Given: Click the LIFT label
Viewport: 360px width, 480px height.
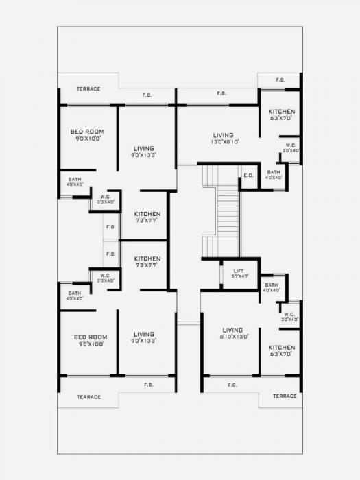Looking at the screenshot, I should pyautogui.click(x=239, y=271).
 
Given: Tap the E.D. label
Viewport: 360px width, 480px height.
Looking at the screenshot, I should pyautogui.click(x=248, y=176).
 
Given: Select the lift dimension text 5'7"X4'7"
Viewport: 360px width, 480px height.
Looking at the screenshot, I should pyautogui.click(x=239, y=276).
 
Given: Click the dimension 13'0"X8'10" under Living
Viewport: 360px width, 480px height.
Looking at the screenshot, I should pyautogui.click(x=224, y=142).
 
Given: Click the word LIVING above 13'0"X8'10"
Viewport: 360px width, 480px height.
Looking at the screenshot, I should pyautogui.click(x=224, y=135).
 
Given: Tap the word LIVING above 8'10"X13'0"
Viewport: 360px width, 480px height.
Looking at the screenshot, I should pyautogui.click(x=232, y=330).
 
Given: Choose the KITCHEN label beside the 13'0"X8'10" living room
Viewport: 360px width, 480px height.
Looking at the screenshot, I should pyautogui.click(x=281, y=112).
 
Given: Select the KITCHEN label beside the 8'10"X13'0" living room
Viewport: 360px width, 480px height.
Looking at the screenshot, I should pyautogui.click(x=281, y=348).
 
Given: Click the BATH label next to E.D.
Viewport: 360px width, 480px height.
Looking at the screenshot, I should pyautogui.click(x=274, y=172).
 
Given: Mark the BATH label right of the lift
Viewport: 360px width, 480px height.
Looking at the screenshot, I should pyautogui.click(x=272, y=285).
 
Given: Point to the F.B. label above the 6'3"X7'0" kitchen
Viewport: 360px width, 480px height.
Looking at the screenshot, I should pyautogui.click(x=280, y=80).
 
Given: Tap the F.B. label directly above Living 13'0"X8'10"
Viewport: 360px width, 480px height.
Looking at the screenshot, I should pyautogui.click(x=222, y=93).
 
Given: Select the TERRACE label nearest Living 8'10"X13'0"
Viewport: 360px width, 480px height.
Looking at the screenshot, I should pyautogui.click(x=285, y=396).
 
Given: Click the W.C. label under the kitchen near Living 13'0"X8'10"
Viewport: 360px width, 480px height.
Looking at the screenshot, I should pyautogui.click(x=290, y=145).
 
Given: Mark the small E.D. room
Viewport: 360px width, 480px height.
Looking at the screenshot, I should pyautogui.click(x=248, y=177).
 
